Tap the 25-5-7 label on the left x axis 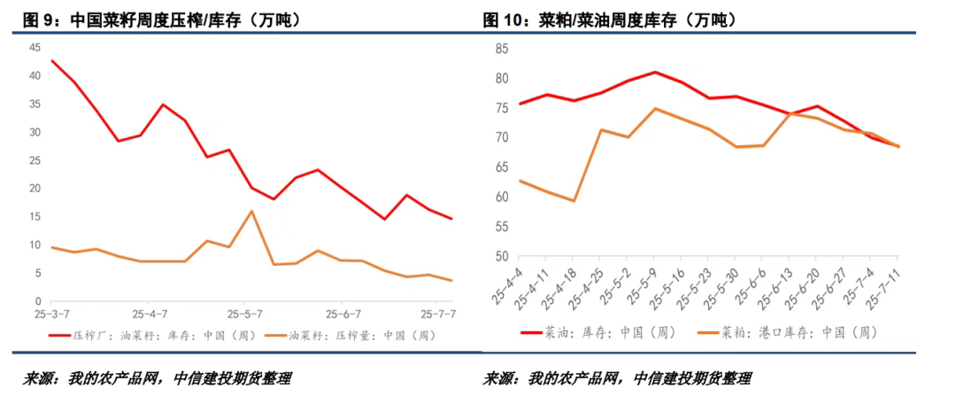tap(246, 314)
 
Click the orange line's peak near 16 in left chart tap(252, 211)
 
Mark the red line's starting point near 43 tap(52, 61)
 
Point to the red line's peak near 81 tap(655, 72)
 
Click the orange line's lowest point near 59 tap(574, 200)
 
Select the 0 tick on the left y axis tap(37, 301)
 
